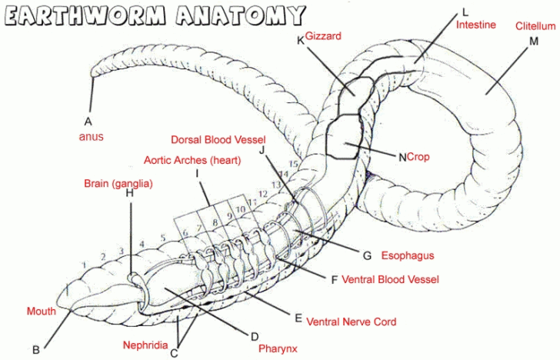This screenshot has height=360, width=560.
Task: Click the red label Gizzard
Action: [323, 36]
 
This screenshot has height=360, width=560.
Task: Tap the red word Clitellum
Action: [535, 26]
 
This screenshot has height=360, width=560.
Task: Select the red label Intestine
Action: [477, 25]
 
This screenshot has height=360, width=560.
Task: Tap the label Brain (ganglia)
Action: [118, 184]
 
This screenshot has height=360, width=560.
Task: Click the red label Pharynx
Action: [277, 348]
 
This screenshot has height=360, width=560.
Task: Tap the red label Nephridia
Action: [145, 345]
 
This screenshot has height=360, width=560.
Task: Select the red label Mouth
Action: [42, 312]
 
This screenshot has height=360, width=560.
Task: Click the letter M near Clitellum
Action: [534, 41]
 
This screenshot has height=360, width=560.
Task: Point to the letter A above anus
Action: [88, 121]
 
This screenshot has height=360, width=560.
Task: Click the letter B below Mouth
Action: [36, 349]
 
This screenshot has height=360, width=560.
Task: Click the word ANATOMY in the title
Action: [239, 15]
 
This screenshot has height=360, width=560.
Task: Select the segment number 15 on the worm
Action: [292, 165]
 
